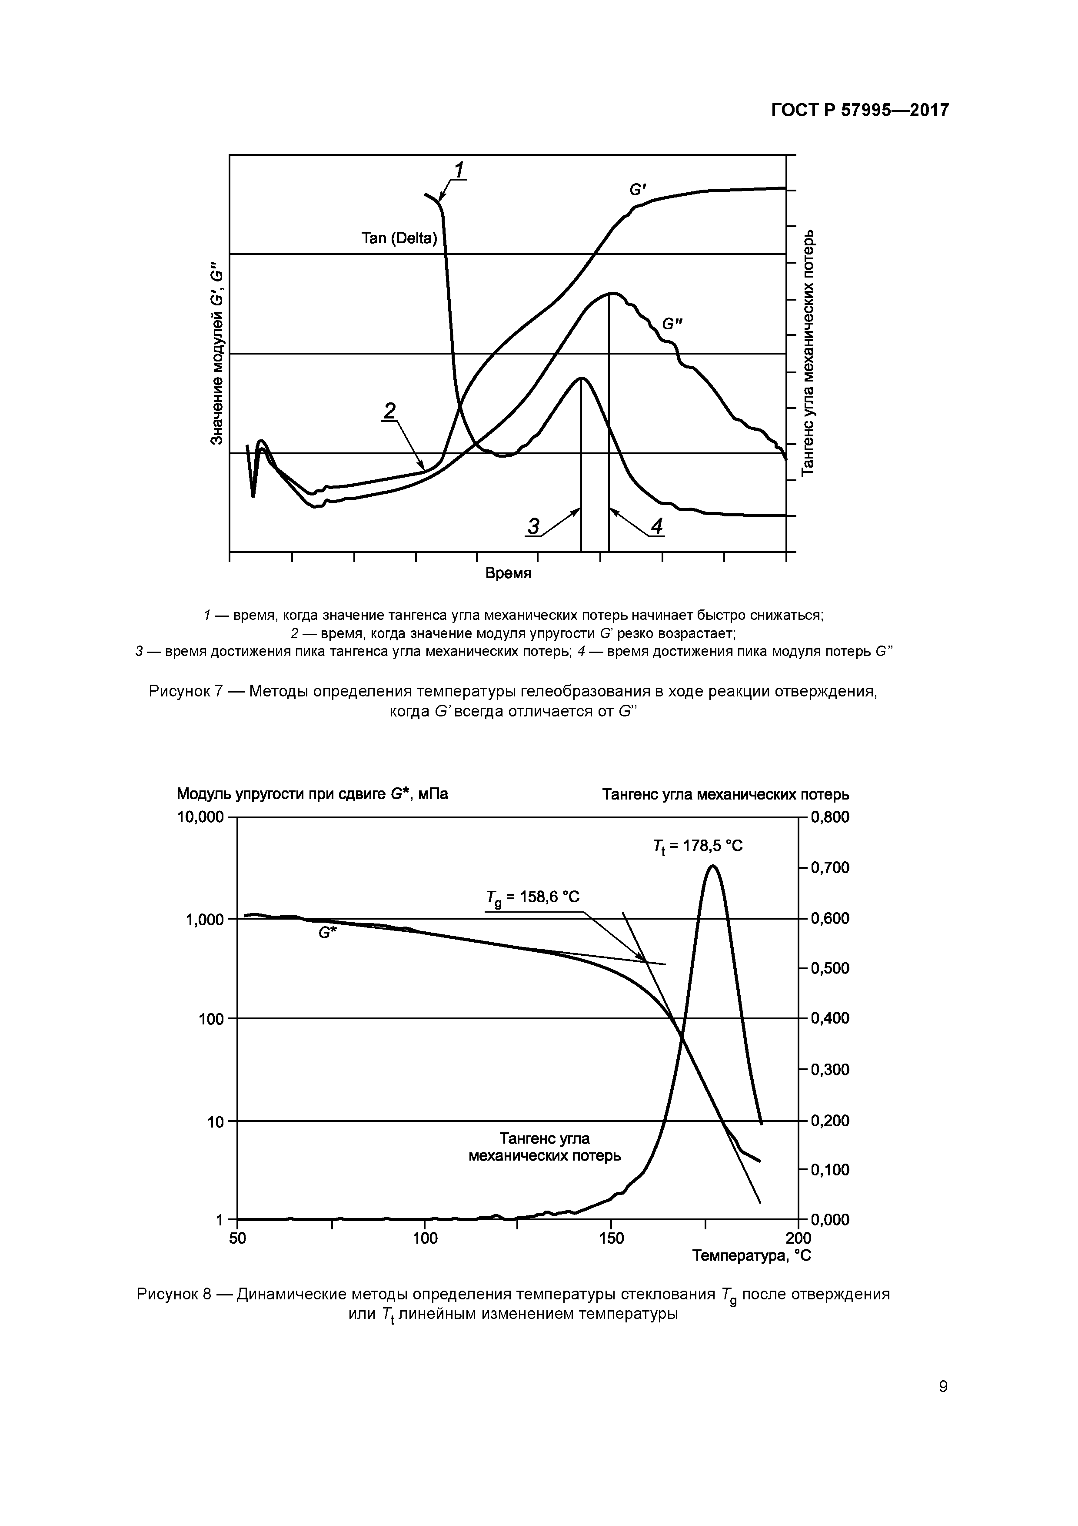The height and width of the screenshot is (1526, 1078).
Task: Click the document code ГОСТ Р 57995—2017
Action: [859, 110]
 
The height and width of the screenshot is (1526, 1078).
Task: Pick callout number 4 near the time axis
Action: [656, 526]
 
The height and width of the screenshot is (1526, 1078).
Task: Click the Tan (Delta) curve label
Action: [399, 238]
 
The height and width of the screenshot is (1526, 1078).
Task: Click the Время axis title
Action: [508, 573]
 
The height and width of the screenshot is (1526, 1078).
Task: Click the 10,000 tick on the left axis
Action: [200, 817]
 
